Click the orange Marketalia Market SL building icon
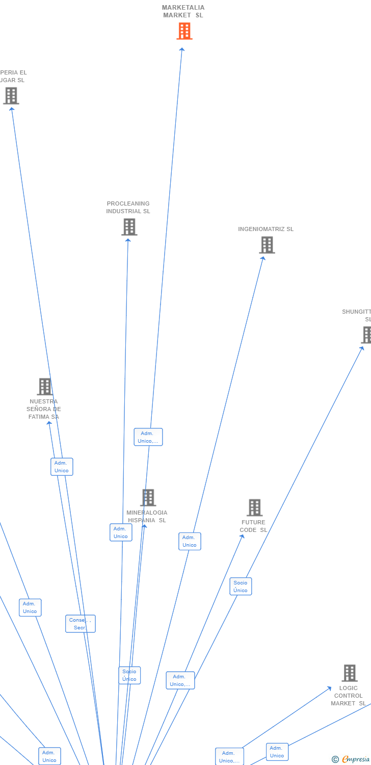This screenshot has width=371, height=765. [184, 31]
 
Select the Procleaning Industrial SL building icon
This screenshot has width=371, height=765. [129, 227]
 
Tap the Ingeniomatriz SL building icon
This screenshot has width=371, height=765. [267, 245]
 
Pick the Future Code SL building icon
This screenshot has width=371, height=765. [254, 507]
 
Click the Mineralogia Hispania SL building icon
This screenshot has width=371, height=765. [148, 498]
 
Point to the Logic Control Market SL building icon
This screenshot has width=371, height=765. [349, 673]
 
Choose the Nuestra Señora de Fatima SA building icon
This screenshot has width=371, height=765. [45, 387]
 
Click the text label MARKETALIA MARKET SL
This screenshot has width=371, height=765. [183, 11]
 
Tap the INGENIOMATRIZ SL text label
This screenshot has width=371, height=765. [266, 229]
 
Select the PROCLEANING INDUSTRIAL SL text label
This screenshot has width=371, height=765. [128, 208]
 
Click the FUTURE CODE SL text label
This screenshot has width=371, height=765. [253, 526]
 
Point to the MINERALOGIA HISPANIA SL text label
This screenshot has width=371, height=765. [147, 517]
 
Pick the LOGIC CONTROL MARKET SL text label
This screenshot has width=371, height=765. [348, 696]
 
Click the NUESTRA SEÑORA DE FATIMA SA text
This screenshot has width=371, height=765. [44, 409]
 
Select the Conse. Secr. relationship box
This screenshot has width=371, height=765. [80, 624]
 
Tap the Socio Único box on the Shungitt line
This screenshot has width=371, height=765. [241, 586]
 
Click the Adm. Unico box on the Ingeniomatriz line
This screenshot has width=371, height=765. [190, 541]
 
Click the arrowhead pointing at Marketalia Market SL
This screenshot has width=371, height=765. [182, 49]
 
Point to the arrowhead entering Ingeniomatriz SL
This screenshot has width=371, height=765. [263, 259]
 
